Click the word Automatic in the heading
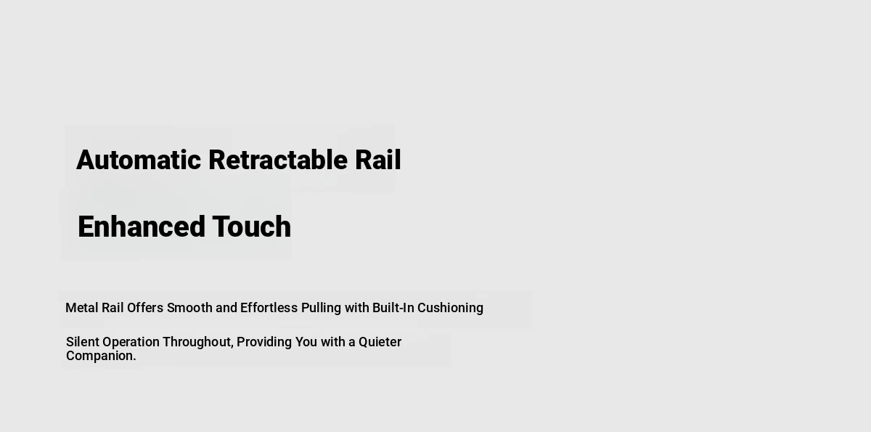click(x=139, y=160)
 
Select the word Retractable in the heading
click(x=277, y=160)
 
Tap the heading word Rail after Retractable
click(x=377, y=160)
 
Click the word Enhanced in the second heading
click(x=141, y=227)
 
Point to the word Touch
click(x=252, y=227)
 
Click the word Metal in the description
click(x=81, y=308)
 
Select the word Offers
click(x=145, y=308)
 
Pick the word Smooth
click(x=189, y=308)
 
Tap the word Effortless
click(x=269, y=308)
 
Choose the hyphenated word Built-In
click(x=393, y=308)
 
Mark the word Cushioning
click(x=450, y=309)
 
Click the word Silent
click(x=83, y=342)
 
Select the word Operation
click(x=131, y=343)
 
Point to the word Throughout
click(x=197, y=343)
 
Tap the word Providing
click(x=264, y=343)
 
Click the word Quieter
click(x=380, y=342)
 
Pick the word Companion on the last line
click(x=99, y=356)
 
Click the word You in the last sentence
click(x=306, y=342)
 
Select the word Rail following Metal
click(x=113, y=308)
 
